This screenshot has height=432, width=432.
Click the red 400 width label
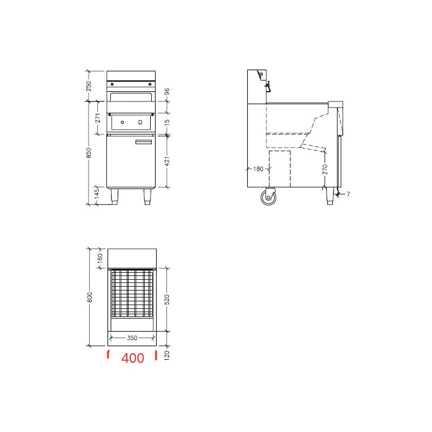click(x=133, y=358)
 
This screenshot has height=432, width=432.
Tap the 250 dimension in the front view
click(x=90, y=85)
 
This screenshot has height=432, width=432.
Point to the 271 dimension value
click(x=98, y=118)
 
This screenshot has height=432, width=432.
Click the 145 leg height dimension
click(x=98, y=193)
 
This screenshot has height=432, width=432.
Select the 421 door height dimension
click(x=167, y=160)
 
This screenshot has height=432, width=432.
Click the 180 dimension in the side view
click(x=258, y=169)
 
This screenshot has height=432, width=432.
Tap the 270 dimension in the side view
click(x=325, y=170)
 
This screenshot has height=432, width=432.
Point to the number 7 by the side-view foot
click(x=348, y=194)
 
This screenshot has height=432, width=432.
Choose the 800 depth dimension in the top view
click(x=90, y=296)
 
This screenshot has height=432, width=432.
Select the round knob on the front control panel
click(x=123, y=123)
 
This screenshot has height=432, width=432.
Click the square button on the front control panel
click(x=141, y=123)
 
